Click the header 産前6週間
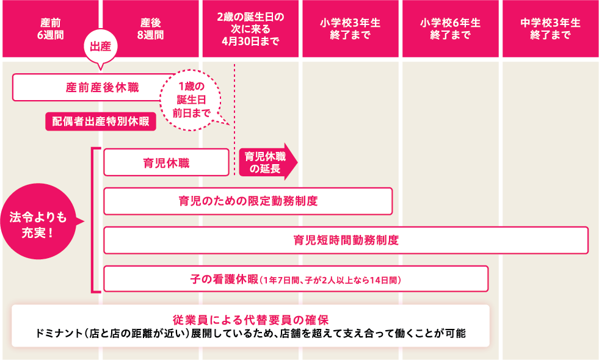(50, 29)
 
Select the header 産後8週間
(150, 29)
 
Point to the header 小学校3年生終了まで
(350, 29)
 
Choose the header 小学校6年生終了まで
(450, 29)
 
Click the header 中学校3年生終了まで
(550, 29)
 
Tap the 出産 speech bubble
(100, 46)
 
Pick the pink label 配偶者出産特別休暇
(101, 121)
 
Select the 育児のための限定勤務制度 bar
(248, 201)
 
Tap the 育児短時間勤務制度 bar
(346, 240)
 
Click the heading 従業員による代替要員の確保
(251, 319)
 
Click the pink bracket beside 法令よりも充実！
(93, 220)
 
